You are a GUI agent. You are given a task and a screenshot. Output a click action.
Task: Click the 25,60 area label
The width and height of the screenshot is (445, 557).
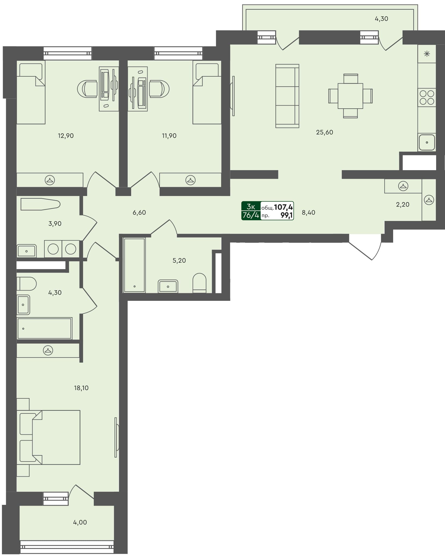[x=324, y=132]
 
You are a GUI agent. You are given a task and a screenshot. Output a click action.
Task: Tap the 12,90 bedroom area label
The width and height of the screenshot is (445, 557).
[x=66, y=136]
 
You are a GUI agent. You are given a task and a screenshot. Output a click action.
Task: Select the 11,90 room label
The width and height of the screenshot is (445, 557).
[x=169, y=136]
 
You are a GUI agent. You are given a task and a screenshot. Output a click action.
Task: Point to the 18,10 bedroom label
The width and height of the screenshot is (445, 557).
[x=81, y=388]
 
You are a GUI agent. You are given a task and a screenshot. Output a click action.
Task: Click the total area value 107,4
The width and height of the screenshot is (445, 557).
[x=283, y=207]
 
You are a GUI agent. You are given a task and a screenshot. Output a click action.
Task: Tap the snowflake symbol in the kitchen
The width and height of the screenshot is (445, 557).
[x=426, y=54]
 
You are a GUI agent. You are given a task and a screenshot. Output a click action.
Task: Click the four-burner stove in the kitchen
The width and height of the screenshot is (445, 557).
[x=426, y=97]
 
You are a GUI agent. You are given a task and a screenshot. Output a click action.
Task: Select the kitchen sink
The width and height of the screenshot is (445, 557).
[x=426, y=142]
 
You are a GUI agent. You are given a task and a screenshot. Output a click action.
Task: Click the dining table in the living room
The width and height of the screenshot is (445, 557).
[x=350, y=96]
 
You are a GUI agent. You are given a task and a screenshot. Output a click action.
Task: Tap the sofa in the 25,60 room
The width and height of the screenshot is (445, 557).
[x=287, y=96]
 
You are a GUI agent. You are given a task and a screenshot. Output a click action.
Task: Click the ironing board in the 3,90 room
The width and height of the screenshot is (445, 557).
[x=40, y=204]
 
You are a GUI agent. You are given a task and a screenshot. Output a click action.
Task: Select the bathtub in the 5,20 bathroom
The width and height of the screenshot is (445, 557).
[x=134, y=265]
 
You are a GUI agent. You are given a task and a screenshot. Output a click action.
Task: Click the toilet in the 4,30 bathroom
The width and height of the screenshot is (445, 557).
[x=26, y=284]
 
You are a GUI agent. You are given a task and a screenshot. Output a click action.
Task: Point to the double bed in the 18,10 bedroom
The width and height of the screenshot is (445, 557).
[x=51, y=437]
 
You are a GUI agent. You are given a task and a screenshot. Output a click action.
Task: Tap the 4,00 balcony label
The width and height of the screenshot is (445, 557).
[x=80, y=522]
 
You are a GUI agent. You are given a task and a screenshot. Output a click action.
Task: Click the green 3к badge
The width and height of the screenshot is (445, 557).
[x=251, y=206]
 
